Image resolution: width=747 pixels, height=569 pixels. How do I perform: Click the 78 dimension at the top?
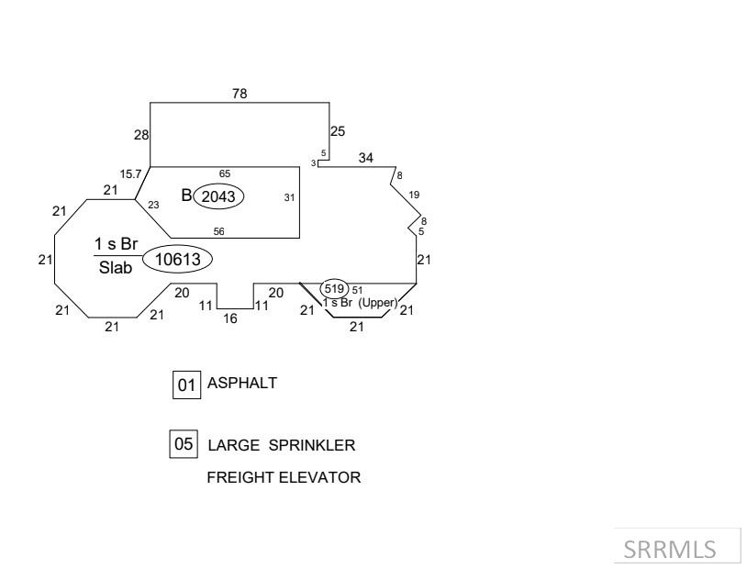(240, 94)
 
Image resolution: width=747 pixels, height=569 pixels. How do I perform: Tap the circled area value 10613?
(178, 259)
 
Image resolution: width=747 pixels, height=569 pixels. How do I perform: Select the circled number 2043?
(218, 196)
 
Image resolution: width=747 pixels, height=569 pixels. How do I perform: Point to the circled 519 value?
(334, 288)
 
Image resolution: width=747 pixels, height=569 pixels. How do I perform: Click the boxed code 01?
(187, 385)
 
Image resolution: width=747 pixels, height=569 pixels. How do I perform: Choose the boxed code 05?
(184, 444)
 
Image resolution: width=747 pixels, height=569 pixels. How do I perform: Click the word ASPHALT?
(242, 383)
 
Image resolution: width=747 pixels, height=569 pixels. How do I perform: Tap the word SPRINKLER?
(312, 445)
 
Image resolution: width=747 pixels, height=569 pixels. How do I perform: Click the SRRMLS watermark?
(670, 550)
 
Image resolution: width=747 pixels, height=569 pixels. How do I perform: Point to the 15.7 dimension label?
(130, 174)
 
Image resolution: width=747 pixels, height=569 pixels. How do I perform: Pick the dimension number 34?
(366, 158)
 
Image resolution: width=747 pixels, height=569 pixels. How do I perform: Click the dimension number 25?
(338, 131)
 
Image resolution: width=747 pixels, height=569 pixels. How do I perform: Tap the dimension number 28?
(141, 135)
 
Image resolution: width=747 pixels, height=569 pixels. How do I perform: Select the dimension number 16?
(230, 318)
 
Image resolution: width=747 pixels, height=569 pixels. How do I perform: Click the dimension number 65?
(225, 173)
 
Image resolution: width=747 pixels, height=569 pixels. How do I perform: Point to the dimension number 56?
(218, 231)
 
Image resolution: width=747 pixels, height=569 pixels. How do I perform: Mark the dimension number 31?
(289, 197)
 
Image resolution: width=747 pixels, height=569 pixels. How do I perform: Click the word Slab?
(116, 267)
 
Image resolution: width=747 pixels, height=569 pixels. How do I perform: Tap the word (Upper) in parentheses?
(378, 303)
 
